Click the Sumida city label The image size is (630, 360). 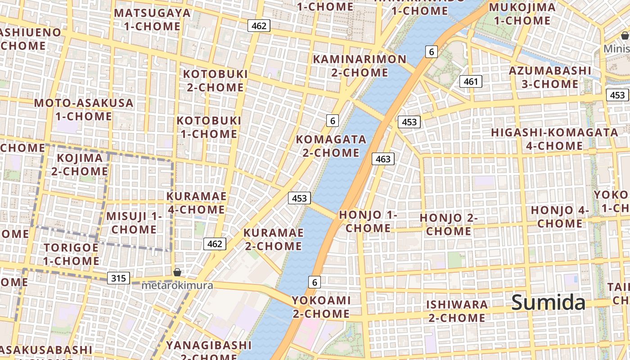pyautogui.click(x=549, y=302)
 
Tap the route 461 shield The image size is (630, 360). pyautogui.click(x=471, y=81)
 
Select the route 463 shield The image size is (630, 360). pyautogui.click(x=383, y=159)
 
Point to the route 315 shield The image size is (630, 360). pyautogui.click(x=118, y=278)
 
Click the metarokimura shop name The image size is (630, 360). pyautogui.click(x=177, y=285)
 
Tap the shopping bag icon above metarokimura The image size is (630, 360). pyautogui.click(x=177, y=272)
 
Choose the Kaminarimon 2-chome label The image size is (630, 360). pyautogui.click(x=360, y=66)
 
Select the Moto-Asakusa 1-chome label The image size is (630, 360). pyautogui.click(x=84, y=109)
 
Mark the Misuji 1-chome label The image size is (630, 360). pyautogui.click(x=134, y=223)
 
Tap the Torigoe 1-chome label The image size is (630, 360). pyautogui.click(x=71, y=254)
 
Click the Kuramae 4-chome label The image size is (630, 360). pyautogui.click(x=197, y=203)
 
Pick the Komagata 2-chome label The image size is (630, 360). pyautogui.click(x=331, y=146)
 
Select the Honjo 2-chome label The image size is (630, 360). pyautogui.click(x=449, y=225)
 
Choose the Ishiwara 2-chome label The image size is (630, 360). pyautogui.click(x=457, y=311)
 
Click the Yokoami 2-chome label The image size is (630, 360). pyautogui.click(x=321, y=306)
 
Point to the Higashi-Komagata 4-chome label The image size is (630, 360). pyautogui.click(x=554, y=139)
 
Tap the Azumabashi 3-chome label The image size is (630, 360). pyautogui.click(x=550, y=77)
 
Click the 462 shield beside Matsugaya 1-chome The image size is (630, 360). pyautogui.click(x=259, y=26)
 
